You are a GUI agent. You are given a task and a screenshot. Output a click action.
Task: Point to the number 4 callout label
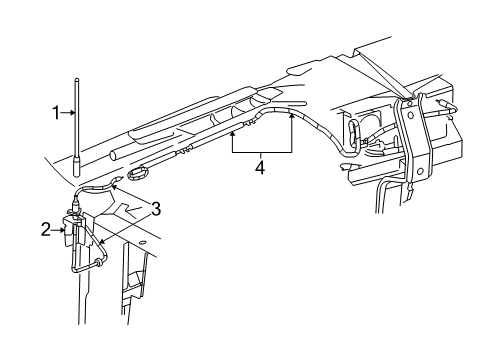point(261,168)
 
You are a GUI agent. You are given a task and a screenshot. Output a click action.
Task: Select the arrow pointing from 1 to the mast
point(71,114)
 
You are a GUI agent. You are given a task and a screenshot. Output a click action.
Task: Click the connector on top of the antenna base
point(78,211)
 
